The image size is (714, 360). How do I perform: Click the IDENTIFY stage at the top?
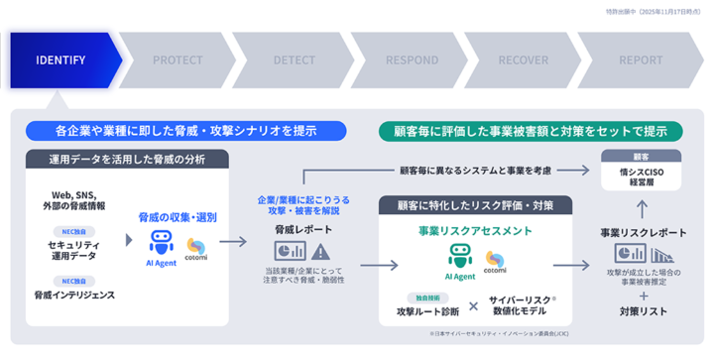(61, 60)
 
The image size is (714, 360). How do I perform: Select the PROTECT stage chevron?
(178, 60)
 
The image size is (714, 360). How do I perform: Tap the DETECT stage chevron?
(295, 60)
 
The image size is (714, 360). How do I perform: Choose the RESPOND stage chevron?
(412, 60)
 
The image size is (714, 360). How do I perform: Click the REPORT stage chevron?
(641, 60)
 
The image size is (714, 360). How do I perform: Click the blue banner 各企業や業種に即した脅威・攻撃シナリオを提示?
(186, 130)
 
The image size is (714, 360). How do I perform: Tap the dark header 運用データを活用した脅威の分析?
(127, 159)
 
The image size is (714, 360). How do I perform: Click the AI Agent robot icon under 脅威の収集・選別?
(162, 243)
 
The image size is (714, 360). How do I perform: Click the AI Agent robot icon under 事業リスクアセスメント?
(459, 259)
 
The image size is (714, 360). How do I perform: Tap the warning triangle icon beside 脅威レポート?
(320, 251)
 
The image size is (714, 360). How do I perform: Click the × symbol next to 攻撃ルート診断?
(473, 306)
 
